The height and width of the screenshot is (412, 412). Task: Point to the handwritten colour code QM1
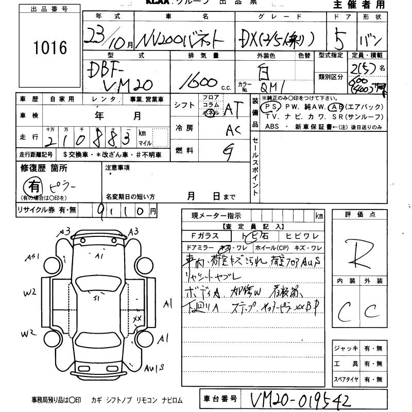pos(273,87)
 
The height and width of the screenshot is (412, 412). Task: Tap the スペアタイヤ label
pos(345,380)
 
